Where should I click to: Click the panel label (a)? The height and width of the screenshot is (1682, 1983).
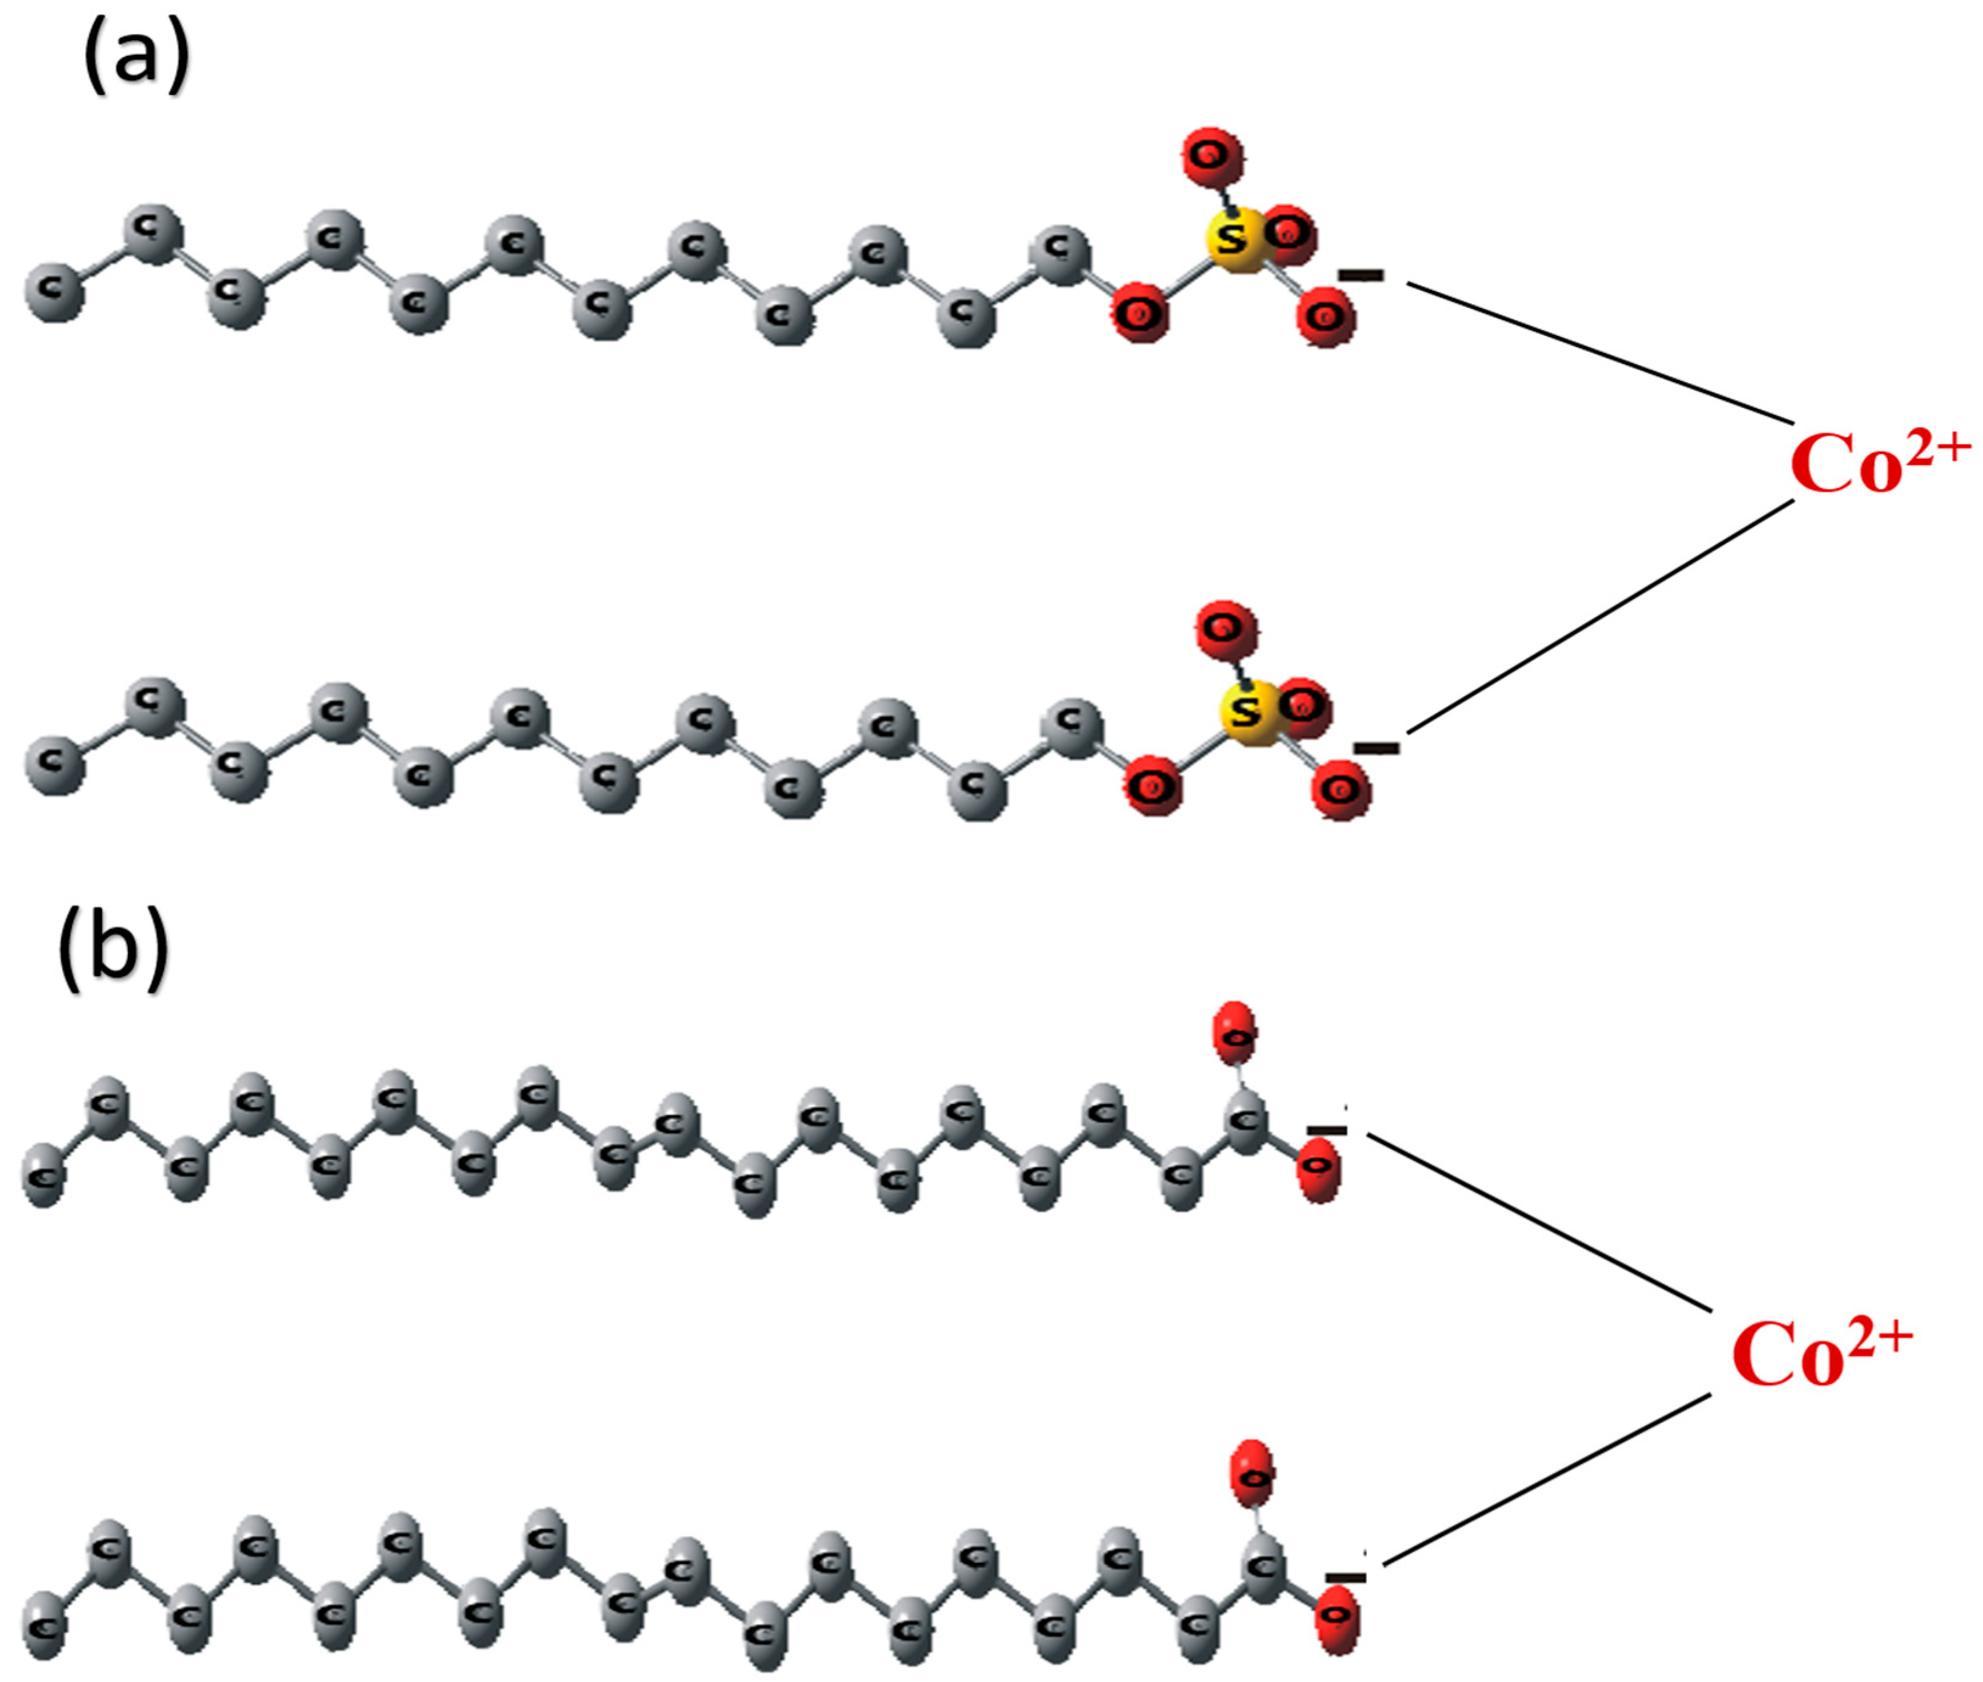(x=136, y=59)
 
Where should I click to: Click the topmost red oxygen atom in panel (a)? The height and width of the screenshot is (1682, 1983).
(x=1211, y=155)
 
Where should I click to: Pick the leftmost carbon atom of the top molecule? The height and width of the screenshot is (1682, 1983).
(x=54, y=291)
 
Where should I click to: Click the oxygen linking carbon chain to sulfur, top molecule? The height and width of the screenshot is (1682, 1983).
(x=1139, y=311)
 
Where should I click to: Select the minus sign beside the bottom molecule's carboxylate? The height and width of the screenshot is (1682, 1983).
(x=1344, y=1578)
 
